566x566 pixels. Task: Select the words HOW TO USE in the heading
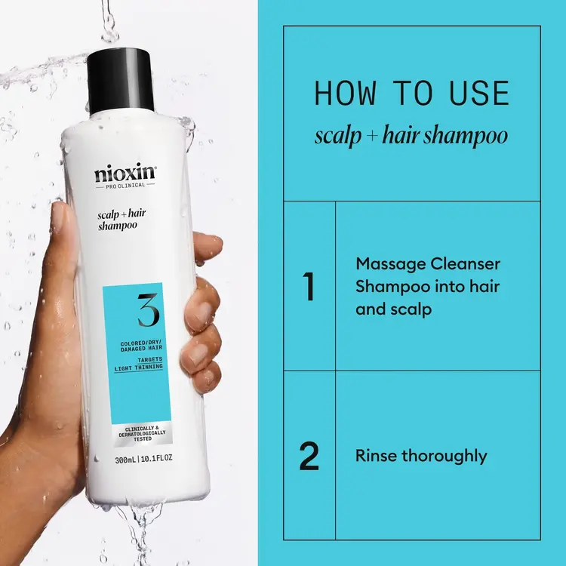(411, 94)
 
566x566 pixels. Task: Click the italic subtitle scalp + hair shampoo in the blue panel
(411, 137)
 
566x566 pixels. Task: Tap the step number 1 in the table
(308, 287)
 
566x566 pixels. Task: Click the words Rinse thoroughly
(421, 456)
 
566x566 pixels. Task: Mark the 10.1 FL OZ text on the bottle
(158, 458)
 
